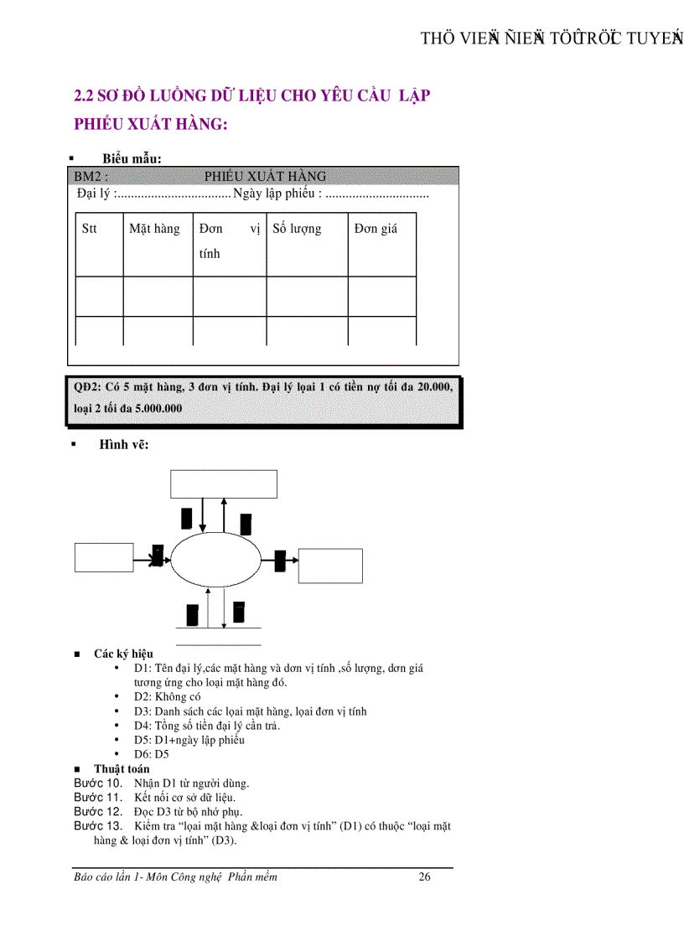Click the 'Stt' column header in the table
89,229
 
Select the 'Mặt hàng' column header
154,229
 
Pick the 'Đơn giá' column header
376,229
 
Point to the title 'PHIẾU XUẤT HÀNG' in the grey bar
265,176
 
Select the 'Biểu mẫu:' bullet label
132,158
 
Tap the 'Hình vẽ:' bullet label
123,445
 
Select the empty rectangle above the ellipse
224,484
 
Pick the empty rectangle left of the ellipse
104,557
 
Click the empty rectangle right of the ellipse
331,565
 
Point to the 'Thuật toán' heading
122,768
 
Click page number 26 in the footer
424,877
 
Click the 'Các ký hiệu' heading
123,654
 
